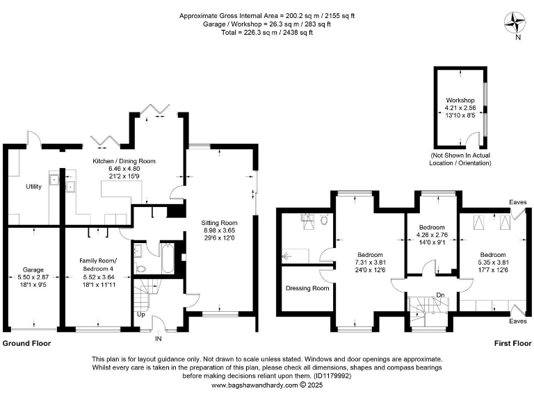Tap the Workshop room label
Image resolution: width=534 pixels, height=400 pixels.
click(460, 101)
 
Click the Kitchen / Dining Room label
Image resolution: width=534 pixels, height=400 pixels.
click(124, 160)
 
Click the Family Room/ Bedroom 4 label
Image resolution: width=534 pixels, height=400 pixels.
click(97, 263)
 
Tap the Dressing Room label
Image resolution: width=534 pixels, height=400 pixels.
click(307, 288)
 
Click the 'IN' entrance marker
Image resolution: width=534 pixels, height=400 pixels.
click(158, 339)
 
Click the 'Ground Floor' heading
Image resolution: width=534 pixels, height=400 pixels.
click(26, 343)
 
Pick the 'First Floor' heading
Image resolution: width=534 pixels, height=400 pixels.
click(513, 343)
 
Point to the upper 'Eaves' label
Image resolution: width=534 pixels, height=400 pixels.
click(518, 202)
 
